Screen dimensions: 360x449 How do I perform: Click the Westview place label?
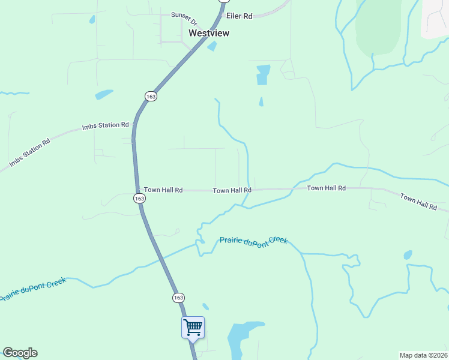(209, 34)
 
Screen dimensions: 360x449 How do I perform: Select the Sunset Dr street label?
(184, 16)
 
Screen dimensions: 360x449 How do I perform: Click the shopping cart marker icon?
(193, 328)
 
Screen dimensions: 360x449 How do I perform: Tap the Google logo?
(20, 353)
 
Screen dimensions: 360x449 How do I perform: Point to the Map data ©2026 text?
(423, 355)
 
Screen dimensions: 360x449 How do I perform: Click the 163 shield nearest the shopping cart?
(178, 298)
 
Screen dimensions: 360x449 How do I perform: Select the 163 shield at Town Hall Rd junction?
(139, 198)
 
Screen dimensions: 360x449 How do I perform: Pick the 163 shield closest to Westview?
(151, 96)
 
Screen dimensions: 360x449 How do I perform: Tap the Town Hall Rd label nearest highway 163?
(163, 190)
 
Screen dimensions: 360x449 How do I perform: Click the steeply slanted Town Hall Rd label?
(418, 202)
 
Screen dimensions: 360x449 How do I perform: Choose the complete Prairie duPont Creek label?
(254, 240)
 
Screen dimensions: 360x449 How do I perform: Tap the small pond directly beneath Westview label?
(211, 46)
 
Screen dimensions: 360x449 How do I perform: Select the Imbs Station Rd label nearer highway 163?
(106, 126)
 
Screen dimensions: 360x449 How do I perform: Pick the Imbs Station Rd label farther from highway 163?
(29, 152)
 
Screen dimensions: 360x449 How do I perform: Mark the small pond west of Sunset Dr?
(92, 19)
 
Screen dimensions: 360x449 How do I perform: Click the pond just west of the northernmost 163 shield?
(103, 94)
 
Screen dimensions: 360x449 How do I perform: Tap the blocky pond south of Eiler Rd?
(263, 74)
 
